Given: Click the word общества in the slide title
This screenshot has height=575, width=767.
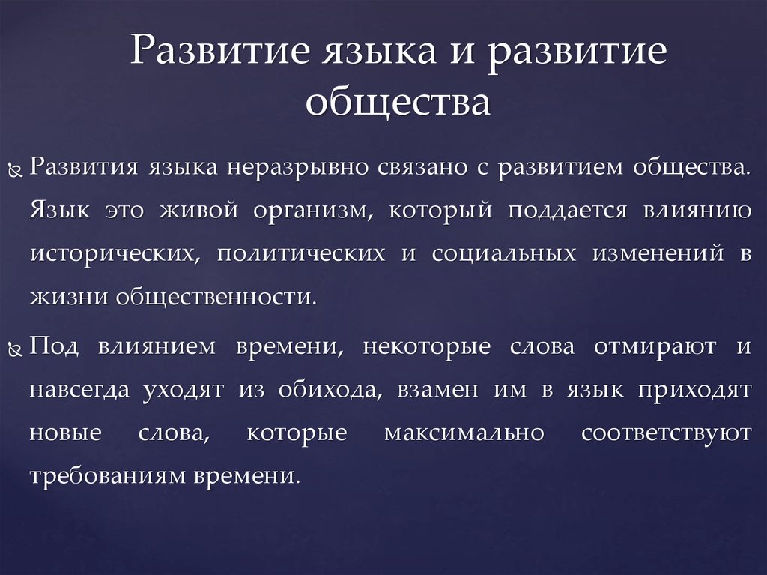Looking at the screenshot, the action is [398, 103].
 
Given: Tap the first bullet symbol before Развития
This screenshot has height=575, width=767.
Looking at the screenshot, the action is [16, 170].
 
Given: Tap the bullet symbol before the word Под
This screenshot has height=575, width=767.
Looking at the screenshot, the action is [16, 349].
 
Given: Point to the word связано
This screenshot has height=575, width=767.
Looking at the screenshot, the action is [422, 167].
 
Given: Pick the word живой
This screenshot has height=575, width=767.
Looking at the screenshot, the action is [198, 210].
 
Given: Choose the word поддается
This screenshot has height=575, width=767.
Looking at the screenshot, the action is [567, 211].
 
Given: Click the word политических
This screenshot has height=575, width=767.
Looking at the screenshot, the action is [301, 253].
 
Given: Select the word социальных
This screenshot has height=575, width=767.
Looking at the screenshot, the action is [504, 253].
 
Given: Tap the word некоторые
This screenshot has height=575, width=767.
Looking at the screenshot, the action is [426, 347].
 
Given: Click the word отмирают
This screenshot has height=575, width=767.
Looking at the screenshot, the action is [655, 347].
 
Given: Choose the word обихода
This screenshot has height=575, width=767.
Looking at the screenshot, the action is [330, 390].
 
